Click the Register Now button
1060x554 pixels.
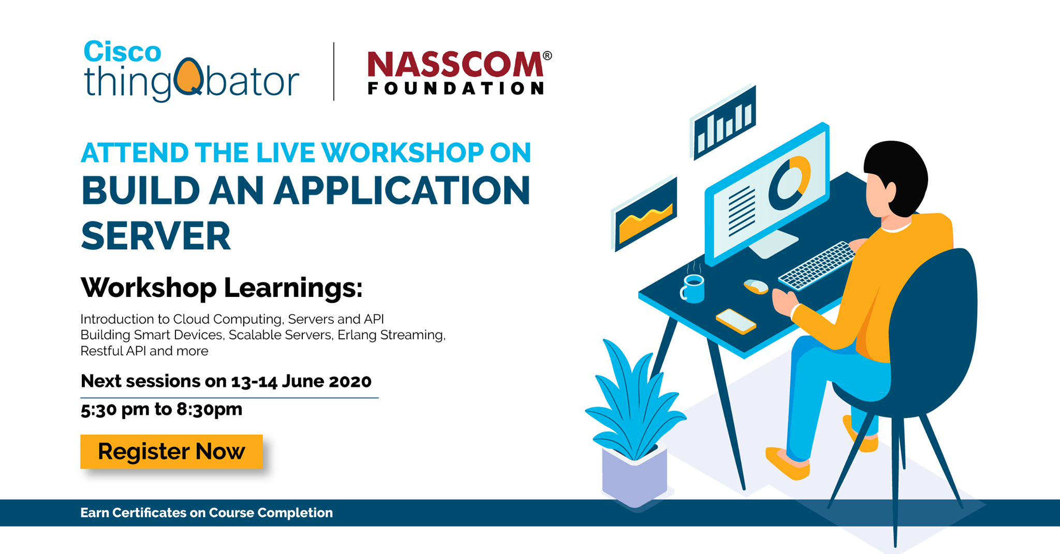[171, 452]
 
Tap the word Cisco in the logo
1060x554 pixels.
[123, 52]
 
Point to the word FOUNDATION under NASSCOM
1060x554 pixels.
[455, 88]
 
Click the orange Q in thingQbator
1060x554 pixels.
[188, 77]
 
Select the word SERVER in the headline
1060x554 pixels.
[156, 236]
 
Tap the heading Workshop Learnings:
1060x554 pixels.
[222, 288]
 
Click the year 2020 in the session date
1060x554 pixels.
[350, 381]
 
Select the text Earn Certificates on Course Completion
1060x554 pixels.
[207, 513]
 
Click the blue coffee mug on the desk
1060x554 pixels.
[693, 289]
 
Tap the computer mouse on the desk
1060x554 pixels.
[756, 286]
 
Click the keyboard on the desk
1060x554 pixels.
[817, 265]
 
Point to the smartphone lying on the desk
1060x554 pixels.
[736, 321]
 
